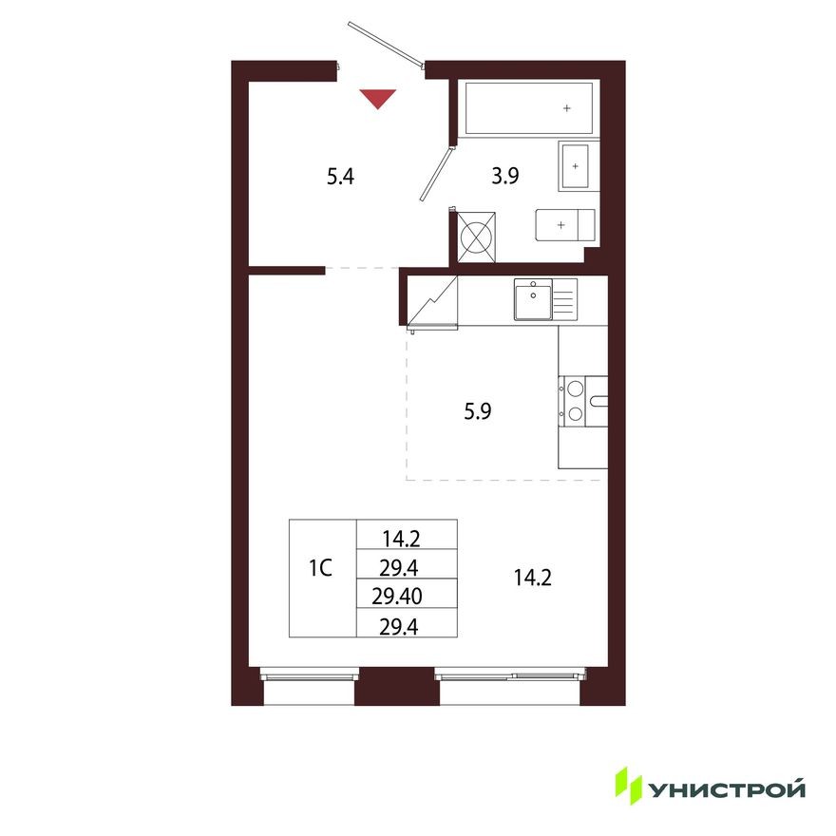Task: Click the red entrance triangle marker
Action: coord(378,97)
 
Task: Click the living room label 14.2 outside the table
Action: coord(531,578)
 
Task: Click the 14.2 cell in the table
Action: coord(401,540)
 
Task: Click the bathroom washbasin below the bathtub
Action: coord(575,165)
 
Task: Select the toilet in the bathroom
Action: coord(565,225)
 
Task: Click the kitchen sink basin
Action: coord(532,299)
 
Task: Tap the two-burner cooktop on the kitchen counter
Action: coord(575,399)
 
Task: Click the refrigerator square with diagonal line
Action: coord(432,301)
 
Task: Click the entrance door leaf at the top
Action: coord(385,44)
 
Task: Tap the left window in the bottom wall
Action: coord(310,675)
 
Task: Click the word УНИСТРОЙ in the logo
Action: coord(727,788)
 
